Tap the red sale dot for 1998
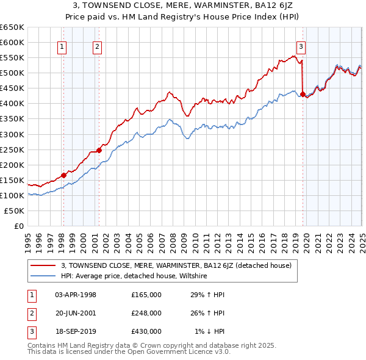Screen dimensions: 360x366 tap(63, 175)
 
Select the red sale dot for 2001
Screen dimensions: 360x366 tap(99, 149)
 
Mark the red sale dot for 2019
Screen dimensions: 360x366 tap(303, 94)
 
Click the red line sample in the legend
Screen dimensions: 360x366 tap(43, 265)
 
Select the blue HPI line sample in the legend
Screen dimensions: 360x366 tap(43, 276)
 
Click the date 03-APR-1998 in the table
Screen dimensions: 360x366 tap(76, 295)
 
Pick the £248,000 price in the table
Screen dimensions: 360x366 tap(146, 313)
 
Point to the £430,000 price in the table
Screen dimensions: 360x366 tap(146, 331)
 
